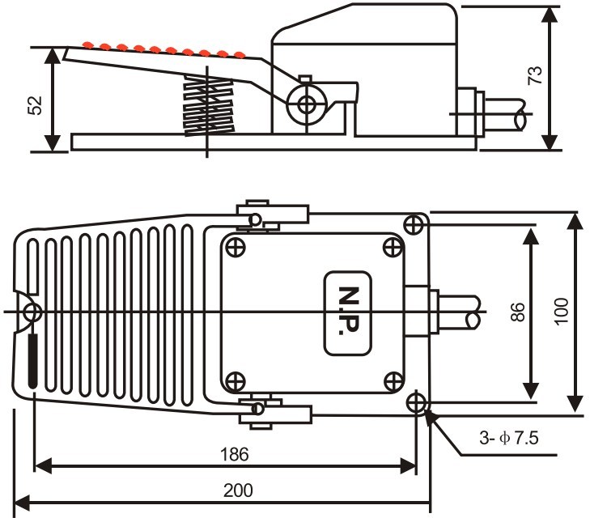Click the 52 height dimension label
pyautogui.click(x=35, y=105)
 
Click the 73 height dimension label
pyautogui.click(x=535, y=75)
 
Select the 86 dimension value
pyautogui.click(x=518, y=312)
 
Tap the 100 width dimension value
pyautogui.click(x=562, y=312)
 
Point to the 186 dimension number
pyautogui.click(x=234, y=454)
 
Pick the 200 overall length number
pyautogui.click(x=238, y=490)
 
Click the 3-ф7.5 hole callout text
pyautogui.click(x=509, y=438)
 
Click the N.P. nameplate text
pyautogui.click(x=349, y=311)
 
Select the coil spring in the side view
pyautogui.click(x=208, y=105)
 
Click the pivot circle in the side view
pyautogui.click(x=307, y=104)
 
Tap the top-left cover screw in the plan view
pyautogui.click(x=236, y=248)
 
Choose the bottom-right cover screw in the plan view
pyautogui.click(x=393, y=382)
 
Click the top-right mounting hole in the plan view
pyautogui.click(x=414, y=225)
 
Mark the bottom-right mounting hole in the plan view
pyautogui.click(x=416, y=403)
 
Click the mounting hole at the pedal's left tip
pyautogui.click(x=32, y=312)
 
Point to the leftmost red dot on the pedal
pyautogui.click(x=87, y=45)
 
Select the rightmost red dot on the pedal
pyautogui.click(x=240, y=55)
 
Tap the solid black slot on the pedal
pyautogui.click(x=33, y=361)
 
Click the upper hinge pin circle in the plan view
pyautogui.click(x=255, y=219)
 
